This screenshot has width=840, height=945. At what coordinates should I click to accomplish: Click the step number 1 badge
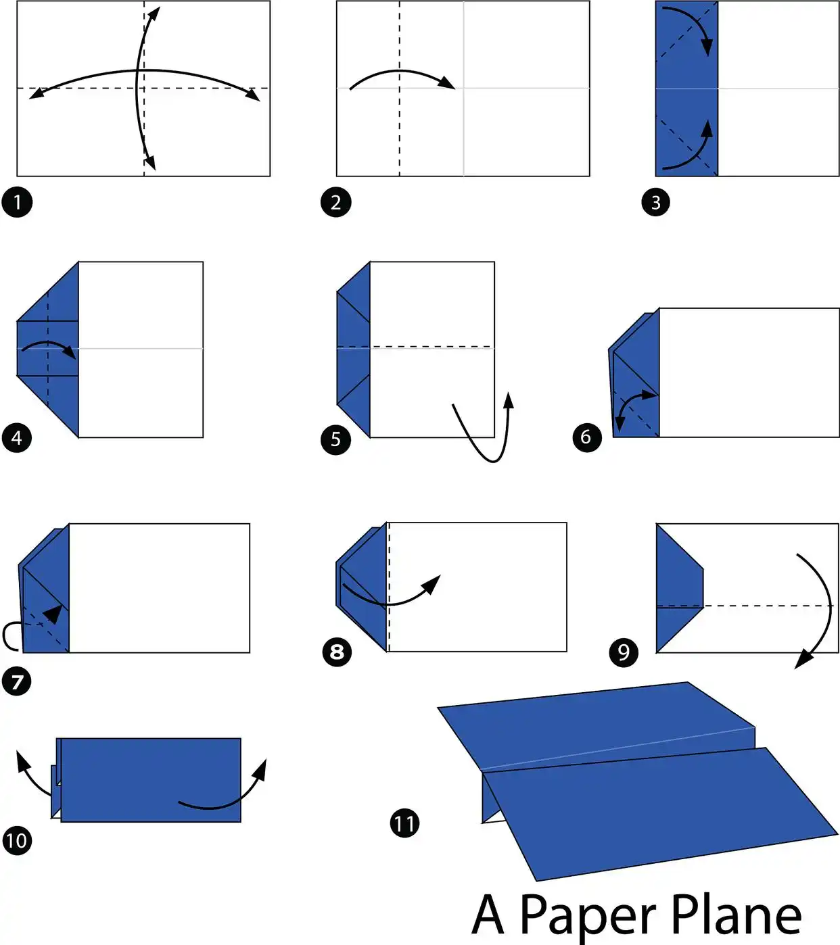click(18, 202)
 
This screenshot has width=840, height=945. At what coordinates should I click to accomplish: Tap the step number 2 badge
click(336, 202)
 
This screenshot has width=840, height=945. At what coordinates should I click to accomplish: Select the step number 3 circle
click(655, 202)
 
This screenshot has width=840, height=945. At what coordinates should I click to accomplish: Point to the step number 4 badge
click(17, 438)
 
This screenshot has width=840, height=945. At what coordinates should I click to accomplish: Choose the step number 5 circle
click(336, 440)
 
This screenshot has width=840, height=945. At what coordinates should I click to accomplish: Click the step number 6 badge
click(586, 437)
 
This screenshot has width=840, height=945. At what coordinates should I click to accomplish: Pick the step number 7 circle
click(17, 681)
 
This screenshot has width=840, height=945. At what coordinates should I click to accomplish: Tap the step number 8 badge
click(337, 652)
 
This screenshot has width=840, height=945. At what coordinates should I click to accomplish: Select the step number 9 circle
click(624, 652)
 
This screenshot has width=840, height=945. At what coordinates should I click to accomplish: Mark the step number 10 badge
click(18, 840)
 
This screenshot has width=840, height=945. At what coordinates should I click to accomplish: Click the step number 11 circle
click(404, 823)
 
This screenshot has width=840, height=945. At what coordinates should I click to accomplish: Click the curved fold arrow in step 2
click(400, 71)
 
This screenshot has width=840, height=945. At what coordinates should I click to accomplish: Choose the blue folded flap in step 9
click(680, 587)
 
